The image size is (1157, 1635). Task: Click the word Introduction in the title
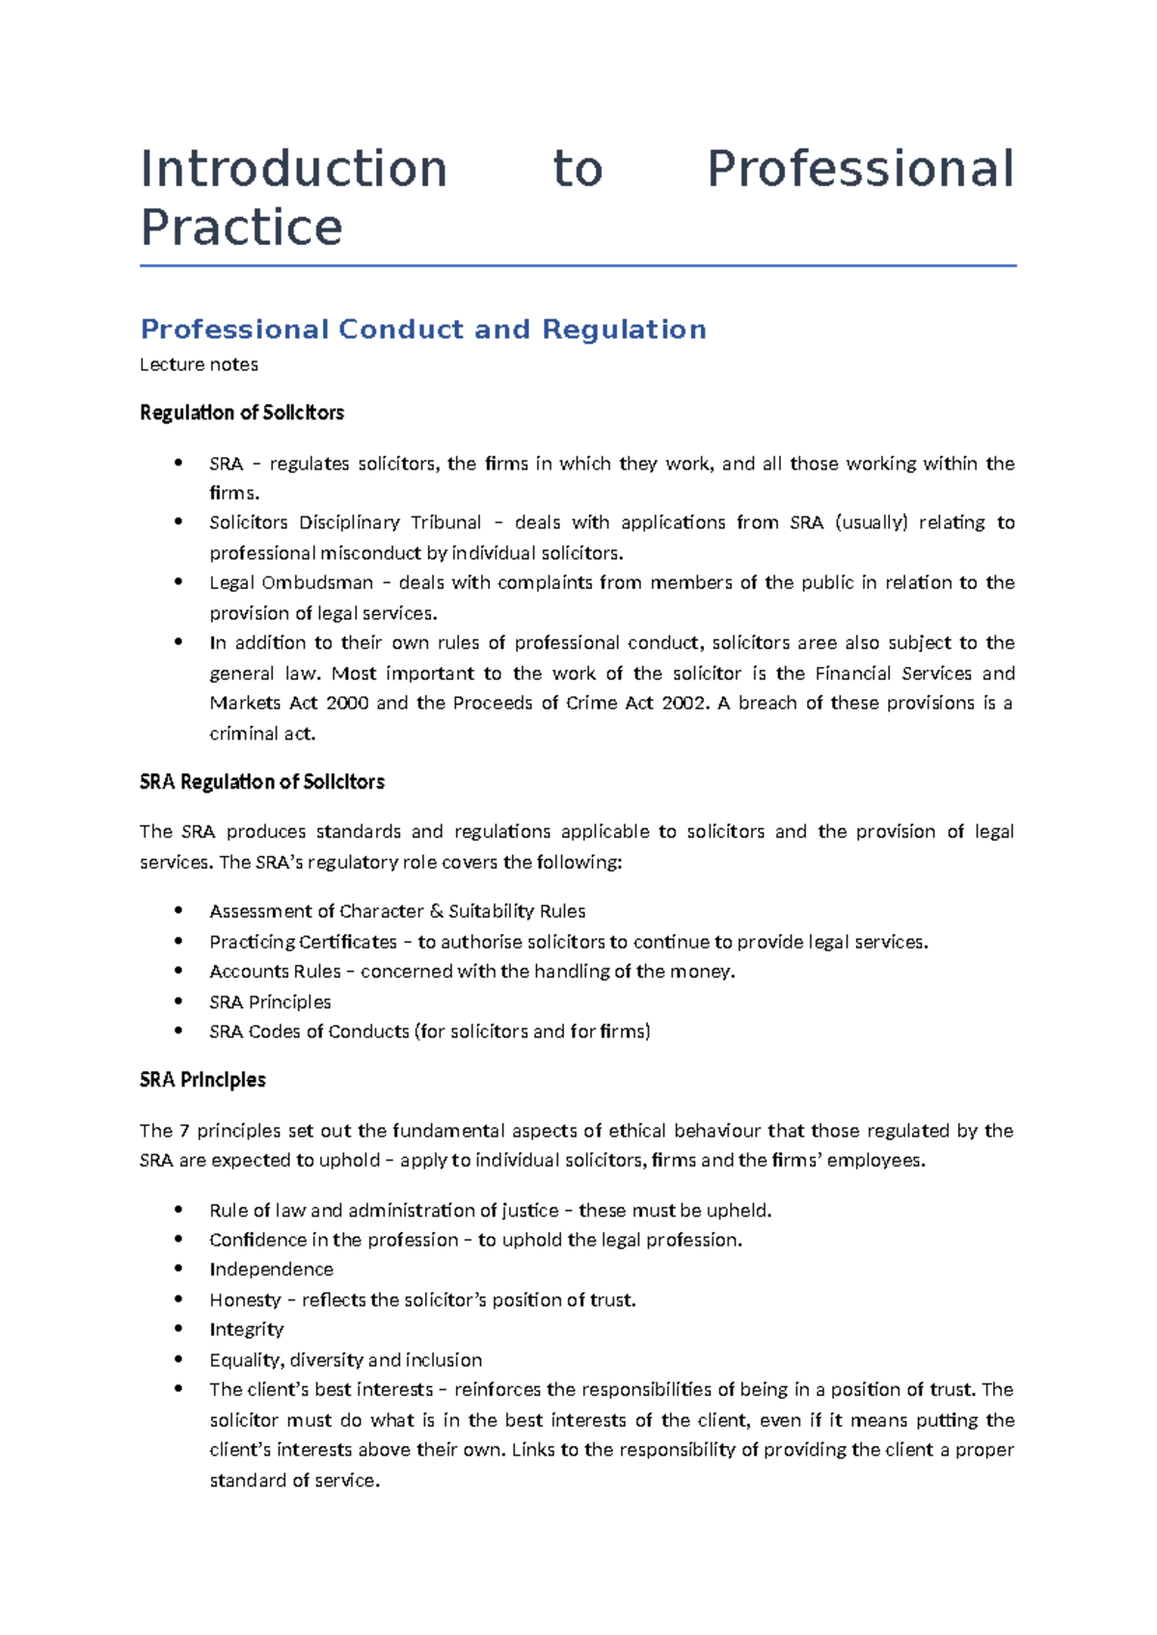tap(293, 170)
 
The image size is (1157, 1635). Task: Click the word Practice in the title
tap(241, 228)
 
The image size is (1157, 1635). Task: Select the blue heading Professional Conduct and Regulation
tap(423, 330)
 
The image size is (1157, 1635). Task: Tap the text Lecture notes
tap(199, 364)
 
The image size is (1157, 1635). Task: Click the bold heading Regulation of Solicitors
tap(241, 413)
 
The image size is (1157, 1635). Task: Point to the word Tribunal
tap(445, 523)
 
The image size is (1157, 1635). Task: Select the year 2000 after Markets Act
tap(347, 703)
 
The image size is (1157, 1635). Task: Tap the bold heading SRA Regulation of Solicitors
tap(261, 782)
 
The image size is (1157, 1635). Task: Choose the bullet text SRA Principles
tap(270, 1002)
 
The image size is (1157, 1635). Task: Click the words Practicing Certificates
tap(303, 942)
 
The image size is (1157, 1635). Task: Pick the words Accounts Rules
tap(275, 972)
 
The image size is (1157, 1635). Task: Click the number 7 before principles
tap(185, 1131)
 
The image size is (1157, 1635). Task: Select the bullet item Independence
tap(271, 1270)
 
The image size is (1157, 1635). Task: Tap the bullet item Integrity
tap(246, 1329)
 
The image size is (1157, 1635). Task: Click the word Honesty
tap(245, 1300)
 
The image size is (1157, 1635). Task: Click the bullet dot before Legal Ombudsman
tap(178, 581)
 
